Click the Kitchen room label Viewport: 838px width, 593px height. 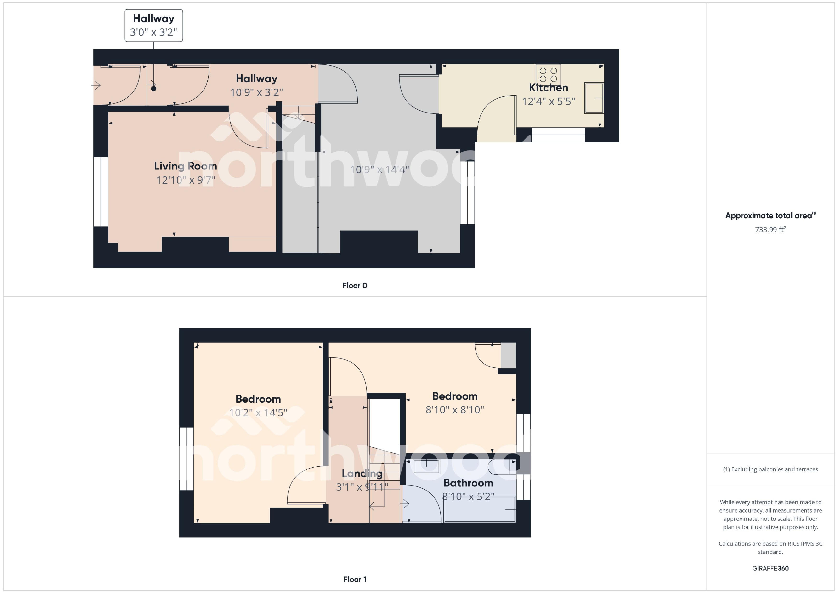(549, 88)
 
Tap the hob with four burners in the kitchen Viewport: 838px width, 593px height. (548, 75)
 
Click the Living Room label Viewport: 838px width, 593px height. (186, 166)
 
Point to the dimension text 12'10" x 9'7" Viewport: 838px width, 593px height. (186, 180)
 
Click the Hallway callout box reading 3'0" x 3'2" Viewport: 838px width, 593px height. (153, 26)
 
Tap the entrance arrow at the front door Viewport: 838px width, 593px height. (96, 86)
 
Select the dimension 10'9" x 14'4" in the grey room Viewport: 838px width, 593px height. (379, 170)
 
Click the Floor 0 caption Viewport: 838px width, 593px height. (355, 286)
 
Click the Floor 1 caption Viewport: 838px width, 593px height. (355, 579)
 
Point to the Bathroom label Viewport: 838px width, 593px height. (468, 483)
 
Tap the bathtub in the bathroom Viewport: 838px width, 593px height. (479, 509)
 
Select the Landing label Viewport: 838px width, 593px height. (362, 474)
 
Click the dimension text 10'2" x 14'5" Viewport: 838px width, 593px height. (258, 413)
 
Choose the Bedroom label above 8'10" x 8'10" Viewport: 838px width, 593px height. (455, 396)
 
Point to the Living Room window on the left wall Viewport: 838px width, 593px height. (101, 192)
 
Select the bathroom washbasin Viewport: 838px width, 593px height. (426, 466)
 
